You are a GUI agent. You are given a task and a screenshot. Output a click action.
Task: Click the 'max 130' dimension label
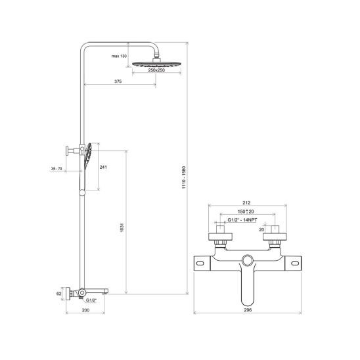point(119,56)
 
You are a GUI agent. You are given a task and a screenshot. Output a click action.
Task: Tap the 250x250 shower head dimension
point(156,70)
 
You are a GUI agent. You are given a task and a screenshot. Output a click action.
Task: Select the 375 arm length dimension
point(118,81)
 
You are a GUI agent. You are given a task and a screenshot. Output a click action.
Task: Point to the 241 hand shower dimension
point(103,167)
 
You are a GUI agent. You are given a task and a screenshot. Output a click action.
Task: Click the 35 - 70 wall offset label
point(56,169)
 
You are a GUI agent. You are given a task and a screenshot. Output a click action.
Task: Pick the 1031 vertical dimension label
point(122,227)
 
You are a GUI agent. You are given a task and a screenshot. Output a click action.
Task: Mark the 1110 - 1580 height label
point(184,177)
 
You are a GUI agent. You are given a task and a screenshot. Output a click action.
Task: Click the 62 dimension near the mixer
point(59,294)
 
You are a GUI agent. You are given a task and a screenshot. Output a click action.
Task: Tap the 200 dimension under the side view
point(85,310)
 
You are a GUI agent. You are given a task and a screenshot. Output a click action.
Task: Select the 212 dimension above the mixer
point(246,203)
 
